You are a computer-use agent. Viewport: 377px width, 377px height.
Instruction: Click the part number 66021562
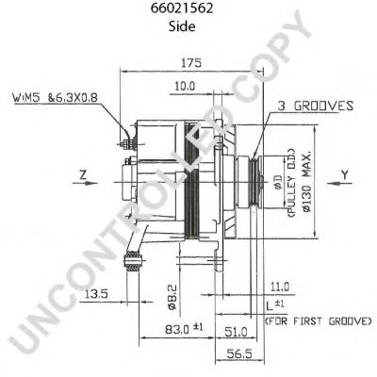(x=186, y=10)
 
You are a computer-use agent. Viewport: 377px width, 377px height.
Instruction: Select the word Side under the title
(x=186, y=27)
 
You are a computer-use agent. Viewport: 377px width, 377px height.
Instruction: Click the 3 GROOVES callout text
(x=316, y=107)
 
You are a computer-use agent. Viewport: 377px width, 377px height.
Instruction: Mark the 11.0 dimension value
(x=280, y=286)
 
